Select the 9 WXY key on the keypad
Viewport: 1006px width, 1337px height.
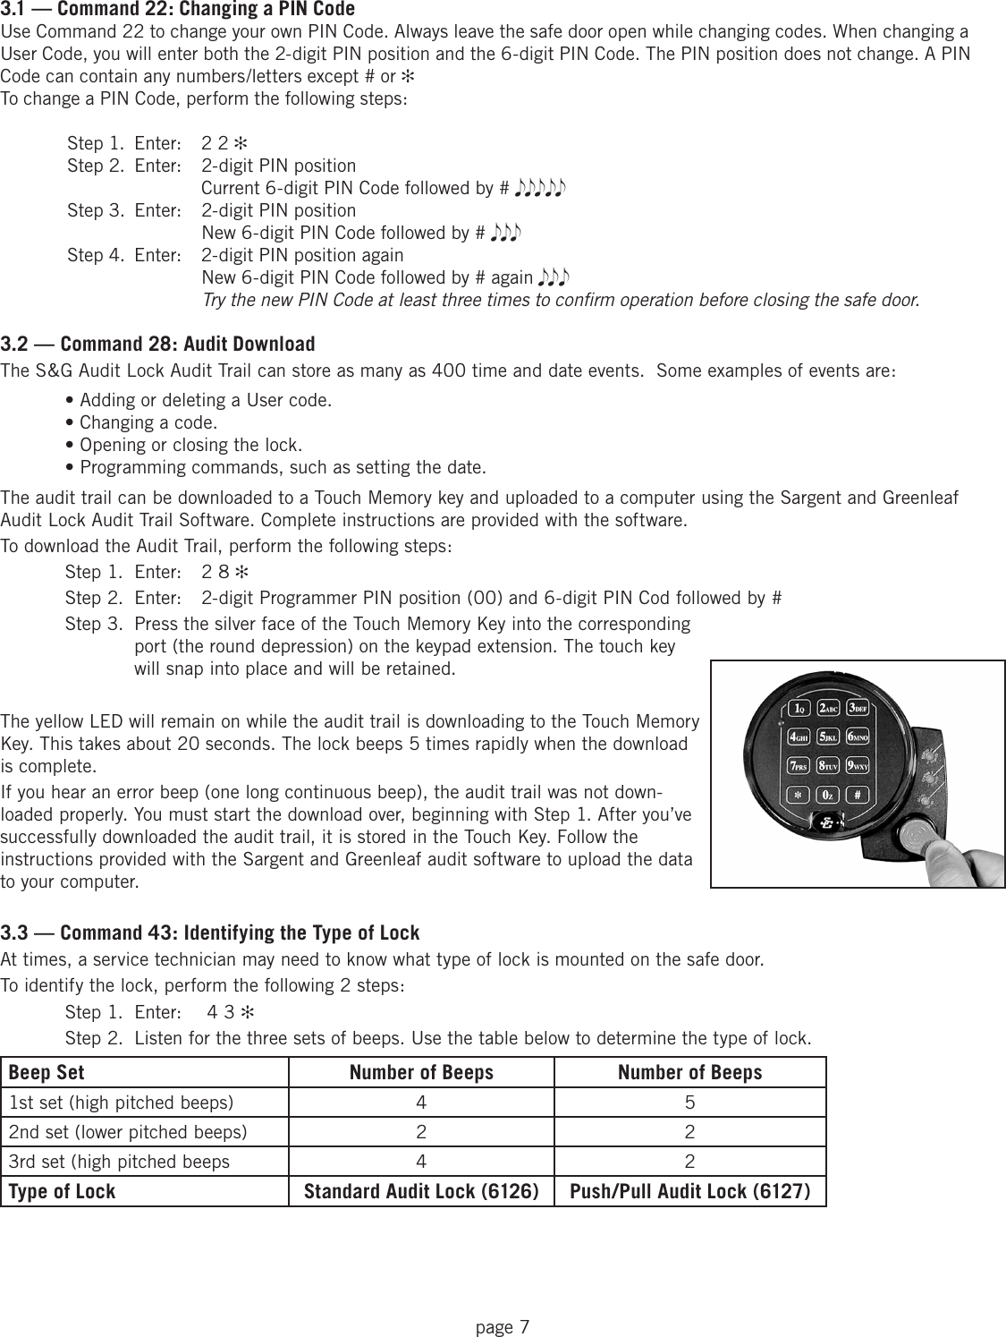(858, 767)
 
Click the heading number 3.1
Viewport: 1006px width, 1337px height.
(13, 9)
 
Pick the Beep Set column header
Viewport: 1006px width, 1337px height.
(46, 1072)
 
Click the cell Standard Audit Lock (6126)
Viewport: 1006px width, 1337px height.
(421, 1191)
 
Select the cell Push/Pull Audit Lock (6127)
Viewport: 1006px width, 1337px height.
(689, 1191)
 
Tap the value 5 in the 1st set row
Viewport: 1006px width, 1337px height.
(689, 1103)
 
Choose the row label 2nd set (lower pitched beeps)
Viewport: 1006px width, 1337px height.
(128, 1132)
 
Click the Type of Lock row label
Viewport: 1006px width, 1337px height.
(62, 1191)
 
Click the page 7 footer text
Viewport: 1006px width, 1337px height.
(503, 1326)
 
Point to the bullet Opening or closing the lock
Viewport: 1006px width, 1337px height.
(190, 445)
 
